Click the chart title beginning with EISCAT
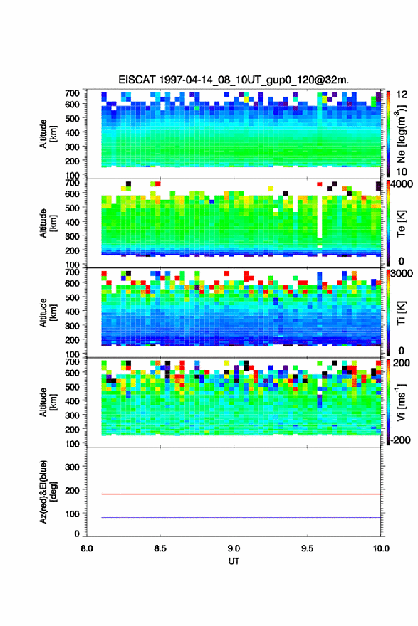(234, 80)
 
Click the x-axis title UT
(234, 561)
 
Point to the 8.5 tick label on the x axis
(160, 548)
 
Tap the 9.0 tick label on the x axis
(234, 548)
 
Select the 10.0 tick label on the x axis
(381, 548)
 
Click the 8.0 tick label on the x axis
(87, 548)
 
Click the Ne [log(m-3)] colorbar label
(401, 134)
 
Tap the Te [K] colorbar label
(401, 223)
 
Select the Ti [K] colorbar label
(401, 313)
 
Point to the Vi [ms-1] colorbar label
(401, 402)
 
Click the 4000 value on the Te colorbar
(399, 184)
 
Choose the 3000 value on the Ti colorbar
(401, 273)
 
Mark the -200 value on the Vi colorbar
(399, 440)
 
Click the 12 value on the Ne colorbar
(402, 95)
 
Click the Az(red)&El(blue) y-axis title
(48, 492)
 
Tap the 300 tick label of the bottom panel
(73, 467)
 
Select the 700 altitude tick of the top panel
(73, 93)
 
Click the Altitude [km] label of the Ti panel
(48, 312)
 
